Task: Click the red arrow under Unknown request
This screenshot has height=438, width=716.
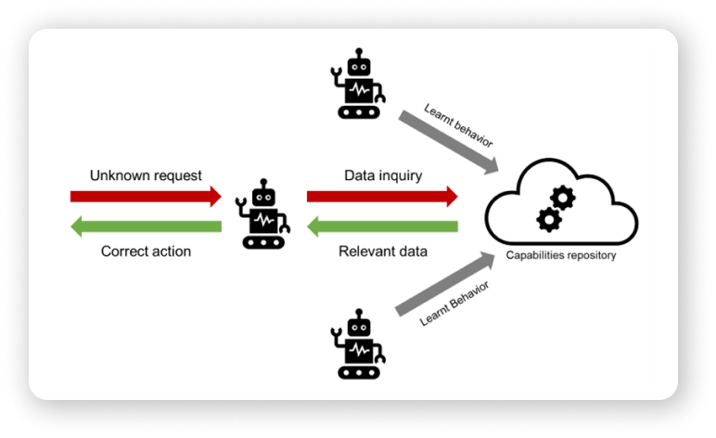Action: (146, 196)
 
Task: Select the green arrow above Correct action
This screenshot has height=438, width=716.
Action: (146, 225)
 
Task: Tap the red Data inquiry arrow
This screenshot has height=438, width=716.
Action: (382, 196)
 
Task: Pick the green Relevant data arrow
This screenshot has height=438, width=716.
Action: (382, 225)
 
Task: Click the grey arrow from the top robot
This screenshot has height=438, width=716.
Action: (449, 140)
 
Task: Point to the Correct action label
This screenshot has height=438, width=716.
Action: (146, 251)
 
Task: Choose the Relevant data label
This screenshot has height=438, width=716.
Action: (382, 251)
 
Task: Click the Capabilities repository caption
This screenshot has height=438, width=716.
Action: (560, 255)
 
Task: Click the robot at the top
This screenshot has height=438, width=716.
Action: (356, 86)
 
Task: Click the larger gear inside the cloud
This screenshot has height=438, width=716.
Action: (563, 198)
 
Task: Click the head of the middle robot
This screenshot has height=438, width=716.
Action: (264, 198)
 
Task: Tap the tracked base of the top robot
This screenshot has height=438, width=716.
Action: (357, 111)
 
